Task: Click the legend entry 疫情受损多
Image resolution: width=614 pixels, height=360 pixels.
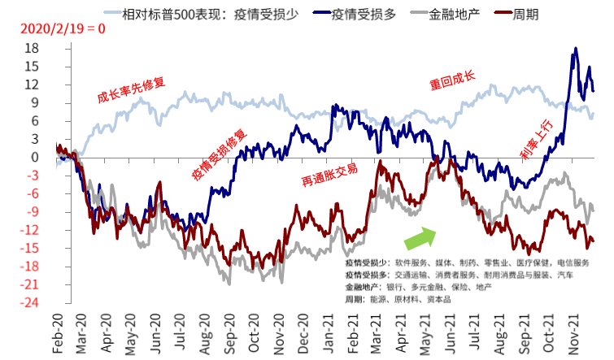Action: point(355,15)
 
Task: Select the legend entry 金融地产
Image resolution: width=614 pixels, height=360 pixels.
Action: point(445,15)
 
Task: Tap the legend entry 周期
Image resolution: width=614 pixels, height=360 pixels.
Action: point(516,15)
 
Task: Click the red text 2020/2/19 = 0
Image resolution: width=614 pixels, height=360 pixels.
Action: point(63,28)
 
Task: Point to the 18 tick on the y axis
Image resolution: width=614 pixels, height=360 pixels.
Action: point(32,48)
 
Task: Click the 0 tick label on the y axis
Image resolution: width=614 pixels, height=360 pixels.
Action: point(35,158)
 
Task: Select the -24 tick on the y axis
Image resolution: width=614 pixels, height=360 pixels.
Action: point(30,302)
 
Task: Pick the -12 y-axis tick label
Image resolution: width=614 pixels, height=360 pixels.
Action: point(30,230)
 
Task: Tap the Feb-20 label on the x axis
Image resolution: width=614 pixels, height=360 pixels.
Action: point(58,333)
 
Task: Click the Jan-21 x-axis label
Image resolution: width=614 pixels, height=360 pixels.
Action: point(329,333)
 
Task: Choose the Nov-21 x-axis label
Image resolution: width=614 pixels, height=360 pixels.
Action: point(573,333)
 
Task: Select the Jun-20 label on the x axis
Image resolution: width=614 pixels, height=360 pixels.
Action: point(155,333)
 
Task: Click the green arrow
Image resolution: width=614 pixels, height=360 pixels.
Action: point(420,237)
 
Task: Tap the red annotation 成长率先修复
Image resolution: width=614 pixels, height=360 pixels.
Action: point(131,90)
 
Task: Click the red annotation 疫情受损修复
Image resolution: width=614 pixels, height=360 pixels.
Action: point(220,155)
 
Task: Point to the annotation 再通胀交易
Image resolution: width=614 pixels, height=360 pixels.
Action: point(329,175)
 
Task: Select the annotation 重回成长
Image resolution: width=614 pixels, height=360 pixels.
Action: point(452,80)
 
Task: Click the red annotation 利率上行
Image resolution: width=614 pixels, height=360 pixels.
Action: point(537,139)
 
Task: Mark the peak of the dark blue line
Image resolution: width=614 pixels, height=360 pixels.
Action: point(575,48)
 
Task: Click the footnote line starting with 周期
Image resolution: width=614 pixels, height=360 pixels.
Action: point(398,299)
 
